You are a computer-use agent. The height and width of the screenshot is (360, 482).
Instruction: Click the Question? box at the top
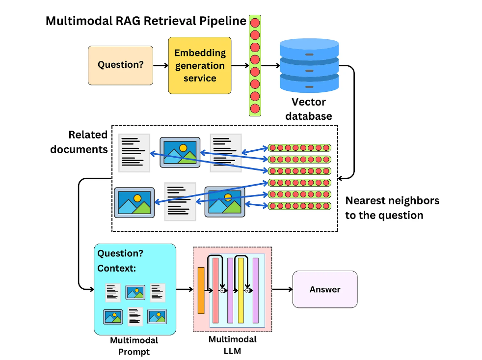120,64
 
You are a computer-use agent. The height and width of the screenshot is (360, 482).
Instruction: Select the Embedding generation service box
200,65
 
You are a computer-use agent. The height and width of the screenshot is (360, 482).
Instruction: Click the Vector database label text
309,109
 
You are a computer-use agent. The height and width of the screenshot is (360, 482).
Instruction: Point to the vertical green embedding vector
255,65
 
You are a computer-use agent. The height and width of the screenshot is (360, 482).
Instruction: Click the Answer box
324,289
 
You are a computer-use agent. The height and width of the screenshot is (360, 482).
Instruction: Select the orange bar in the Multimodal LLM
201,290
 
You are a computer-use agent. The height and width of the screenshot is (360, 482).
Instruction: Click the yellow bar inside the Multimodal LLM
241,290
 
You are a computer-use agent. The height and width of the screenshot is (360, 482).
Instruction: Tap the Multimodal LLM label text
233,345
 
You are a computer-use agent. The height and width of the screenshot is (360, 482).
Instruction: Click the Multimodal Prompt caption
134,346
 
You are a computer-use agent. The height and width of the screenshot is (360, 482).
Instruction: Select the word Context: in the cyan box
116,268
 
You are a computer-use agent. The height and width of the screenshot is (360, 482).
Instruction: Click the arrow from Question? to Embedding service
161,65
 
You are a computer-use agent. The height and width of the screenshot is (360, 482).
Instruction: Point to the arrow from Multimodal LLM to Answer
282,289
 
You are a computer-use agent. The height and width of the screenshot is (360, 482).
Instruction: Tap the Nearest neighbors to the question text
392,207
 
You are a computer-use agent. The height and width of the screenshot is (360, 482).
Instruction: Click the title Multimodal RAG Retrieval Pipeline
146,21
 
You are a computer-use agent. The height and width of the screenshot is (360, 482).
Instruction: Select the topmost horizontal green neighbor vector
299,148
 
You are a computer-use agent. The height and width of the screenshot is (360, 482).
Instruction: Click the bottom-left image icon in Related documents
134,202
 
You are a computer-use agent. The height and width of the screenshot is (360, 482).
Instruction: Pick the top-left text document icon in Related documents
134,153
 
